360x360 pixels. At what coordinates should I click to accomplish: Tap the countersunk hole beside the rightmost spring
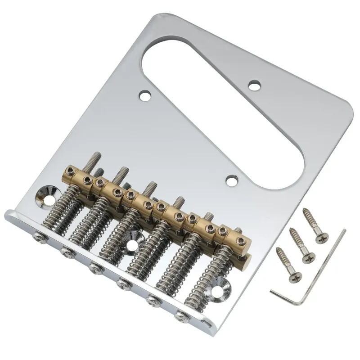[x=224, y=283]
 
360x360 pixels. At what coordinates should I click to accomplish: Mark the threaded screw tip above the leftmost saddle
[x=96, y=158]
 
